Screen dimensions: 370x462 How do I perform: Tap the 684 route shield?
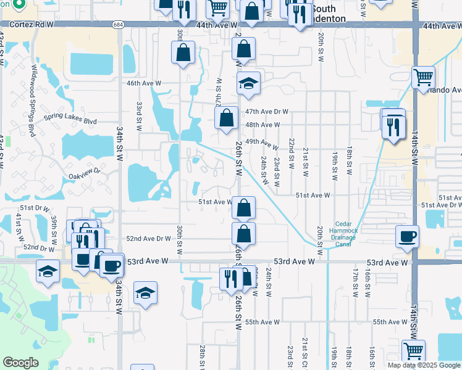pyautogui.click(x=118, y=25)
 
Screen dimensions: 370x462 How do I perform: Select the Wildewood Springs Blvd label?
pyautogui.click(x=31, y=101)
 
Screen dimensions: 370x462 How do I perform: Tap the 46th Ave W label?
pyautogui.click(x=143, y=83)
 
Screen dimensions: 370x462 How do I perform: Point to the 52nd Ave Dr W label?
pyautogui.click(x=148, y=239)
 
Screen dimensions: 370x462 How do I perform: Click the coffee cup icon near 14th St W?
pyautogui.click(x=407, y=237)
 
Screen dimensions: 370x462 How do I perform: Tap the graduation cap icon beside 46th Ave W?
pyautogui.click(x=248, y=83)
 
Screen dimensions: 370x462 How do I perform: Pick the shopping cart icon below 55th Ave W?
pyautogui.click(x=413, y=351)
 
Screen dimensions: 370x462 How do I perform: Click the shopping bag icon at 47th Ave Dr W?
pyautogui.click(x=227, y=118)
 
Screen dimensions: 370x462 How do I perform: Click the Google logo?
pyautogui.click(x=20, y=363)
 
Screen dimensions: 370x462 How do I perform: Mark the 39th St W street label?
pyautogui.click(x=54, y=227)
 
